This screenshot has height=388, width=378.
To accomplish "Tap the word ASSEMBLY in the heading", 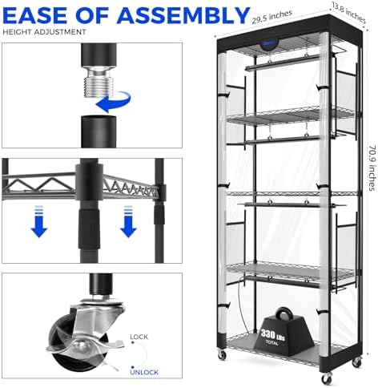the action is (x=184, y=15).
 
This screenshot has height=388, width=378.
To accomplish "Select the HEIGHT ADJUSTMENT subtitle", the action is (x=44, y=32).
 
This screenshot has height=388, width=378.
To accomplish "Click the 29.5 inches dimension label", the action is (x=272, y=17).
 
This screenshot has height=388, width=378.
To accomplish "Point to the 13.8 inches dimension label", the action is (x=348, y=12).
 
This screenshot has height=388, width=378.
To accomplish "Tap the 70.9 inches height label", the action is (x=372, y=168).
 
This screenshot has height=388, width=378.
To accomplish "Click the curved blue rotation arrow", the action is (x=114, y=102).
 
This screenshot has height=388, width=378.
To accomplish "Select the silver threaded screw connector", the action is (x=99, y=81).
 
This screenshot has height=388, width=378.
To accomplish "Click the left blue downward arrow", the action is (x=39, y=221).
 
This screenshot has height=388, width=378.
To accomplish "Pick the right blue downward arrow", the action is (x=128, y=221).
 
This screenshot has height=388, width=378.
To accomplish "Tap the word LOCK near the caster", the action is (x=139, y=337).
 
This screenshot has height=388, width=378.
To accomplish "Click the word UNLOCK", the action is (x=144, y=372).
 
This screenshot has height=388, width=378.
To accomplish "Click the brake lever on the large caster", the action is (x=86, y=347).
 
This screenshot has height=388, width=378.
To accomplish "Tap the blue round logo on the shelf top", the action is (x=268, y=44).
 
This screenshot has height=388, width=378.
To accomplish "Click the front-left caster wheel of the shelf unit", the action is (x=222, y=355).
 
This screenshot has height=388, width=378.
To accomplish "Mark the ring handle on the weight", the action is (x=283, y=313).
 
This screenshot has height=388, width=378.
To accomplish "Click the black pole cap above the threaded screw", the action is (x=99, y=55).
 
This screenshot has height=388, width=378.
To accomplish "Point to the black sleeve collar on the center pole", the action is (x=89, y=228).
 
